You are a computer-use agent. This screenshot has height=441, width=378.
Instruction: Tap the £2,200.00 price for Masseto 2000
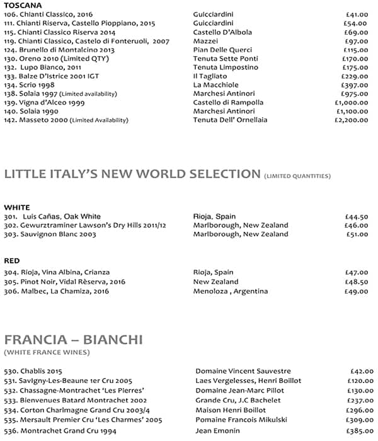pos(352,120)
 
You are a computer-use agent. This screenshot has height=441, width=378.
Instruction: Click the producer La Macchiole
pos(215,84)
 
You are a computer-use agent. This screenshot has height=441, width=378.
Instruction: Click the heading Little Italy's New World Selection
pos(132,174)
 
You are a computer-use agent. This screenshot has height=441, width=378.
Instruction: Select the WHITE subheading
pos(16,207)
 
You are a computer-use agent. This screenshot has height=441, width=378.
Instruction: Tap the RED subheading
pos(11,260)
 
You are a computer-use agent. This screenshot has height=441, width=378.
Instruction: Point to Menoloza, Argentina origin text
pos(231,291)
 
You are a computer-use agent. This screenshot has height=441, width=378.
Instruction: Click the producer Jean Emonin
pos(217,430)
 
